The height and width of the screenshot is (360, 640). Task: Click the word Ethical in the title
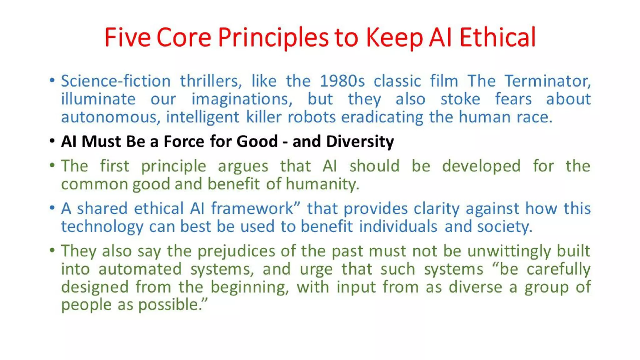tap(497, 37)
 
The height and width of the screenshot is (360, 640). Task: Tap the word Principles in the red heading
tap(273, 37)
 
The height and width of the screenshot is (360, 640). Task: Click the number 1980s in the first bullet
tap(342, 81)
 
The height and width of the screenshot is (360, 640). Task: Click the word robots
tap(311, 117)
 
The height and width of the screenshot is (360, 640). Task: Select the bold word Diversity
tap(360, 141)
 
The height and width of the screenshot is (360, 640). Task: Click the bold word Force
tap(184, 141)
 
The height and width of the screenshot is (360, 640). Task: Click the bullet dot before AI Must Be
tap(52, 141)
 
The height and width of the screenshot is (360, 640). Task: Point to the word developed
tap(481, 166)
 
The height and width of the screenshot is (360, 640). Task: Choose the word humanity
tap(322, 184)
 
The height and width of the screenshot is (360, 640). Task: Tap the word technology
tap(102, 227)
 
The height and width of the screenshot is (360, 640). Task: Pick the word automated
tap(140, 269)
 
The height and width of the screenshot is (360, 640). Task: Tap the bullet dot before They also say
tap(52, 250)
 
